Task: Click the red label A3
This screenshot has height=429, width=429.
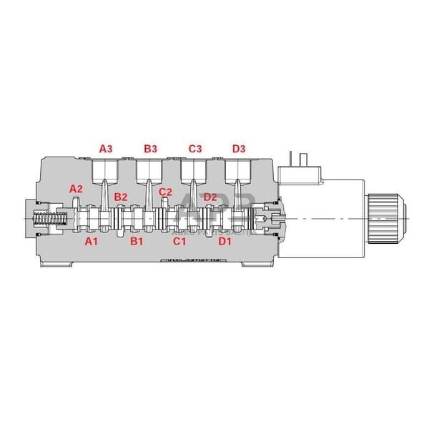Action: click(x=105, y=149)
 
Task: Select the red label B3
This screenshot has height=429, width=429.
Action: click(x=150, y=149)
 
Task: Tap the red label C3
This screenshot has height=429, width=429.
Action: click(x=195, y=149)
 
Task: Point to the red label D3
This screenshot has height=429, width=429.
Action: click(x=239, y=149)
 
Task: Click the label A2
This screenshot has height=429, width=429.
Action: click(x=76, y=189)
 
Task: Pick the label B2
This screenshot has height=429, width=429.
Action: click(x=121, y=197)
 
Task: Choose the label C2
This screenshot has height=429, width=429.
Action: click(x=165, y=192)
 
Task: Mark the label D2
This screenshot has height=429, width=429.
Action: click(x=210, y=197)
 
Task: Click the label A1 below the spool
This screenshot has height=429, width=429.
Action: click(x=91, y=242)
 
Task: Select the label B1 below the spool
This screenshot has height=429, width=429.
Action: click(x=136, y=242)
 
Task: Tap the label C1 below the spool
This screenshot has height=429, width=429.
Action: click(x=180, y=242)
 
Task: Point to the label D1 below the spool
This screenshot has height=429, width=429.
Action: click(x=225, y=242)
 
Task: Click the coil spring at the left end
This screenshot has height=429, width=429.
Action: click(x=46, y=217)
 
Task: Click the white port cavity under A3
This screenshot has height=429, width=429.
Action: click(x=105, y=170)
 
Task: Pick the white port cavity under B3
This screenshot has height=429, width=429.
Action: click(x=149, y=170)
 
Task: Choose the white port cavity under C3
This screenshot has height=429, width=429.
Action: click(x=194, y=170)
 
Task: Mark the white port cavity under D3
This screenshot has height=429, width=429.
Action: click(x=238, y=170)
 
